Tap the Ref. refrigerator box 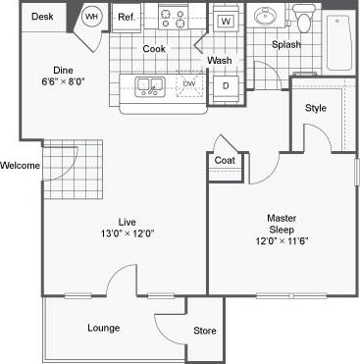(x=127, y=17)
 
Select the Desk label (x=41, y=17)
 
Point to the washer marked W (x=225, y=21)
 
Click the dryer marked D (x=225, y=86)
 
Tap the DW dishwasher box (x=189, y=84)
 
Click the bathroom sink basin (x=266, y=19)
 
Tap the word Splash (x=286, y=45)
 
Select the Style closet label (x=315, y=108)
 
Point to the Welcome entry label (x=20, y=165)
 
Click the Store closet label (x=203, y=330)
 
